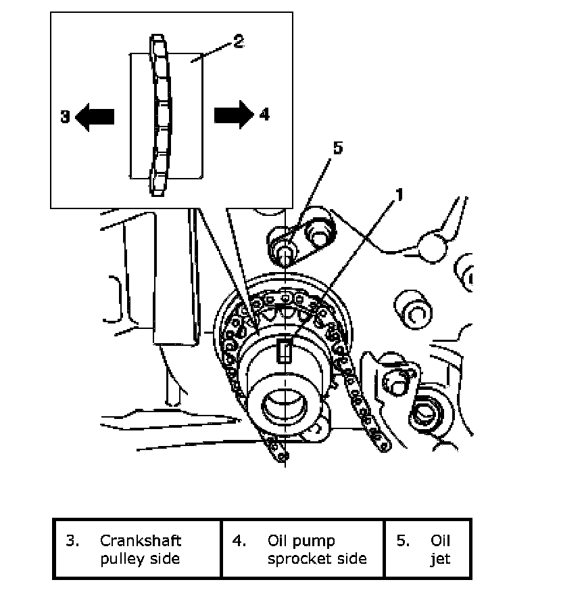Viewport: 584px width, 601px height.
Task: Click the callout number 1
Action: click(399, 195)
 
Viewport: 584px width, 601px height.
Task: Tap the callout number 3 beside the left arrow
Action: click(65, 116)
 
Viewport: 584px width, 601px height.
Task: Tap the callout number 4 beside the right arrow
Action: click(264, 115)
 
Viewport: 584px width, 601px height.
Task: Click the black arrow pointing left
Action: click(95, 116)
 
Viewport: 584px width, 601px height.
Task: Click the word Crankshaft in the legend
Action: click(141, 541)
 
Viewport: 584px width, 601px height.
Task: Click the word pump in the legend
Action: click(316, 541)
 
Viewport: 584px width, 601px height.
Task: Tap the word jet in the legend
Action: click(440, 559)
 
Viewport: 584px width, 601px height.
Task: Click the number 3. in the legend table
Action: click(73, 541)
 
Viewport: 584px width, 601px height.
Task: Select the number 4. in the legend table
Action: click(240, 541)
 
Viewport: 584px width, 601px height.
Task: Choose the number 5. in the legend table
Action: click(403, 541)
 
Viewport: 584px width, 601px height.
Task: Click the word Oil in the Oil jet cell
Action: click(440, 541)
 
